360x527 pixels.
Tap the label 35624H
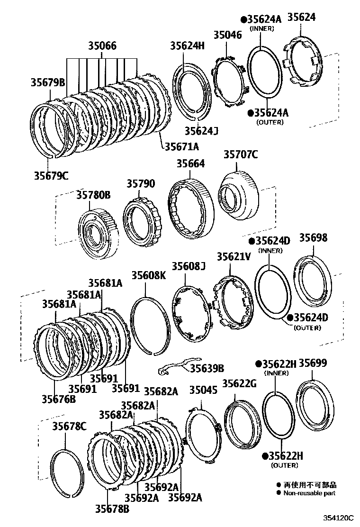187,45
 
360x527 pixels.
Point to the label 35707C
241,154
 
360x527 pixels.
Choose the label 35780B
93,194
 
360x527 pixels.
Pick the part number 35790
141,183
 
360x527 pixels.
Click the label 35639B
207,368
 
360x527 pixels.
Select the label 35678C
69,427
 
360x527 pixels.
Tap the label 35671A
182,147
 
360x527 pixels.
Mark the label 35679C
51,175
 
